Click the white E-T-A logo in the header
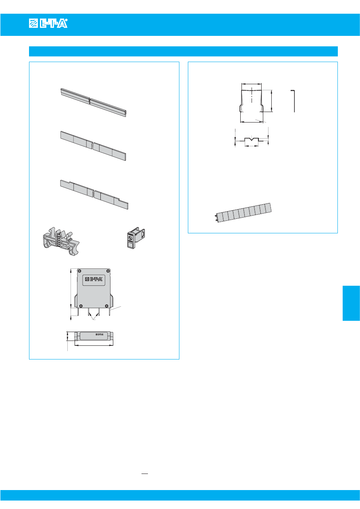click(48, 23)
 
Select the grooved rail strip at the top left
click(93, 102)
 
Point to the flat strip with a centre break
click(93, 145)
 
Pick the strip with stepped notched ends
click(94, 195)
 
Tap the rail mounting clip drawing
click(61, 241)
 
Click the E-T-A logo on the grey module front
click(94, 279)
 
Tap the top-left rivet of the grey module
click(79, 271)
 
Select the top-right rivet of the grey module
click(108, 271)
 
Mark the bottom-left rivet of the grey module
click(81, 305)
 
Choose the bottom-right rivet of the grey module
click(106, 305)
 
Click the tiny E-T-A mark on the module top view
click(99, 334)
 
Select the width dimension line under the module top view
click(94, 345)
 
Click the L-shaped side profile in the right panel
click(293, 101)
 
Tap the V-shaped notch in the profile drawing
click(252, 139)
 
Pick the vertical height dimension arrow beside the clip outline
click(272, 101)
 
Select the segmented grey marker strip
click(243, 213)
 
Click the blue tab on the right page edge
click(351, 303)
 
